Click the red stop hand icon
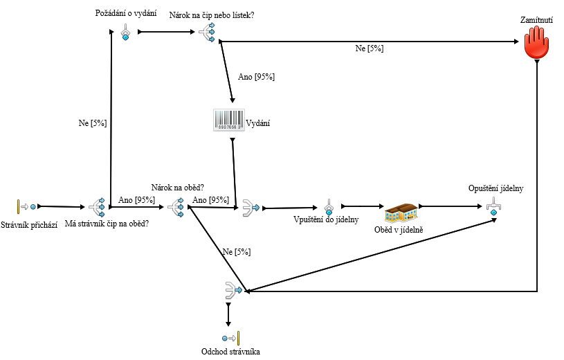pos(536,44)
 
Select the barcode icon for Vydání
pos(228,120)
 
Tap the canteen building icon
pos(401,212)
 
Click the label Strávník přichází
pos(30,224)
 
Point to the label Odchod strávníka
pos(230,352)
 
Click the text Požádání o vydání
pos(125,13)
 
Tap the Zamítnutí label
pos(536,21)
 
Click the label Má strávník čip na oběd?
pos(107,224)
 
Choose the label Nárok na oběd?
pos(177,188)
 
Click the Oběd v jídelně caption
pos(399,229)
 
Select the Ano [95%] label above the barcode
pos(257,77)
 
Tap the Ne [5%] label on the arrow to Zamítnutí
pos(370,49)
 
